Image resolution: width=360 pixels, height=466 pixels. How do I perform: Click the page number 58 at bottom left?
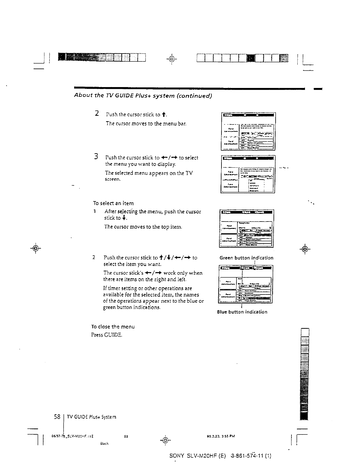57,417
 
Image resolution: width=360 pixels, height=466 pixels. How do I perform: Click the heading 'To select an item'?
113,203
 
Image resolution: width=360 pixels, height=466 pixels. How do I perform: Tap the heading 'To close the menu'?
113,327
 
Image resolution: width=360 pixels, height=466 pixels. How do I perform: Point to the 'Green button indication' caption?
246,258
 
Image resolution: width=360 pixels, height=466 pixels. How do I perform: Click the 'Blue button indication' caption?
242,312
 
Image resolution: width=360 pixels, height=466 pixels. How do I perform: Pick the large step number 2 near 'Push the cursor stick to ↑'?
97,113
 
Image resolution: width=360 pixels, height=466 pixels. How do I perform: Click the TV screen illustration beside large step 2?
248,131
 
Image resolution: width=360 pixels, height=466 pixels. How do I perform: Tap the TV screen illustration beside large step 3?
248,174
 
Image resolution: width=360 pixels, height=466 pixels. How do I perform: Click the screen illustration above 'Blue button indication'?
246,284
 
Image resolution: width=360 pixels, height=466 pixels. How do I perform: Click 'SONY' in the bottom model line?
177,456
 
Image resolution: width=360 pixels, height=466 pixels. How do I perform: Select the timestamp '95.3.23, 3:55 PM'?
219,436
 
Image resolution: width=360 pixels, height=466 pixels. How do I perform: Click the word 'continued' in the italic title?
194,96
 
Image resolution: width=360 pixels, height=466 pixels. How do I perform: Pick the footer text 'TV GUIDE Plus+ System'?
91,417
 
